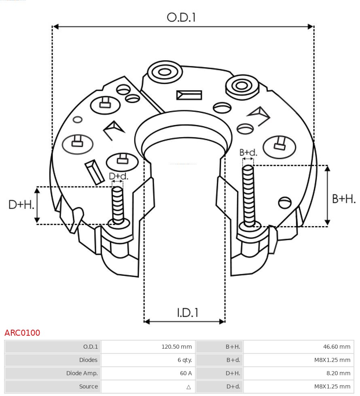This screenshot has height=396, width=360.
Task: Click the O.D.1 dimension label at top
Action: pyautogui.click(x=181, y=17)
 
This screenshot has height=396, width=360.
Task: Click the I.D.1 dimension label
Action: pyautogui.click(x=187, y=313)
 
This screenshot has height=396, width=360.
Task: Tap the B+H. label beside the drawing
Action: pyautogui.click(x=343, y=199)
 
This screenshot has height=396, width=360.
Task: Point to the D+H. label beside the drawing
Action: pyautogui.click(x=21, y=205)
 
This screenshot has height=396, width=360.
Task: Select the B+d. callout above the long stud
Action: pyautogui.click(x=248, y=152)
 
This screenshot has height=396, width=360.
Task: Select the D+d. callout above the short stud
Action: pyautogui.click(x=119, y=176)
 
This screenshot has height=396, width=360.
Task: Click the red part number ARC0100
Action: pyautogui.click(x=22, y=333)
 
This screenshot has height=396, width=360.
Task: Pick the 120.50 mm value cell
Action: pyautogui.click(x=176, y=347)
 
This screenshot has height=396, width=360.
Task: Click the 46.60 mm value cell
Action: pyautogui.click(x=337, y=347)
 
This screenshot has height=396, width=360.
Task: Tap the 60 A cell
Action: pyautogui.click(x=186, y=373)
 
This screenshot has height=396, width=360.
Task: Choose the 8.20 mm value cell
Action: pyautogui.click(x=338, y=373)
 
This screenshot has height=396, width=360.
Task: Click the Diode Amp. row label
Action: pyautogui.click(x=82, y=373)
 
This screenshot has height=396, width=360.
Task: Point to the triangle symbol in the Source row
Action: pyautogui.click(x=188, y=387)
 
